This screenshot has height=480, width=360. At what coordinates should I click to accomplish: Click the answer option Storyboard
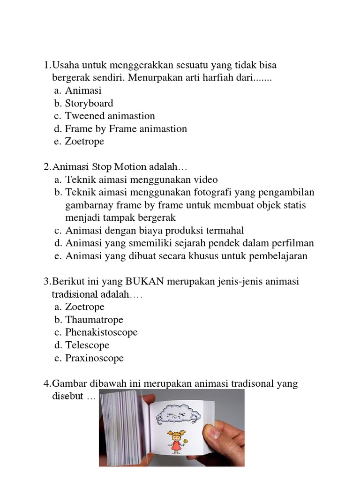click(89, 104)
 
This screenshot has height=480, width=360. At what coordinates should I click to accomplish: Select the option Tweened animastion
click(110, 116)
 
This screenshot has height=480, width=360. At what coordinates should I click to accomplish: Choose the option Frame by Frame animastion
click(126, 129)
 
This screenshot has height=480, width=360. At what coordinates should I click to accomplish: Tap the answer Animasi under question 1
click(83, 91)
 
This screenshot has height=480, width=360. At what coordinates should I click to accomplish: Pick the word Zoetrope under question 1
click(85, 142)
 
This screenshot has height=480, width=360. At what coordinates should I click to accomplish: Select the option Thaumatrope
click(94, 320)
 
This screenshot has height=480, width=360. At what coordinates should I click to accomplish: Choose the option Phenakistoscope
click(101, 332)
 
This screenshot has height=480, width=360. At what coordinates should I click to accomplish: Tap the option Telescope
click(87, 345)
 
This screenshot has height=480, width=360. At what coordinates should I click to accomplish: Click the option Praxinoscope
click(94, 358)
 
